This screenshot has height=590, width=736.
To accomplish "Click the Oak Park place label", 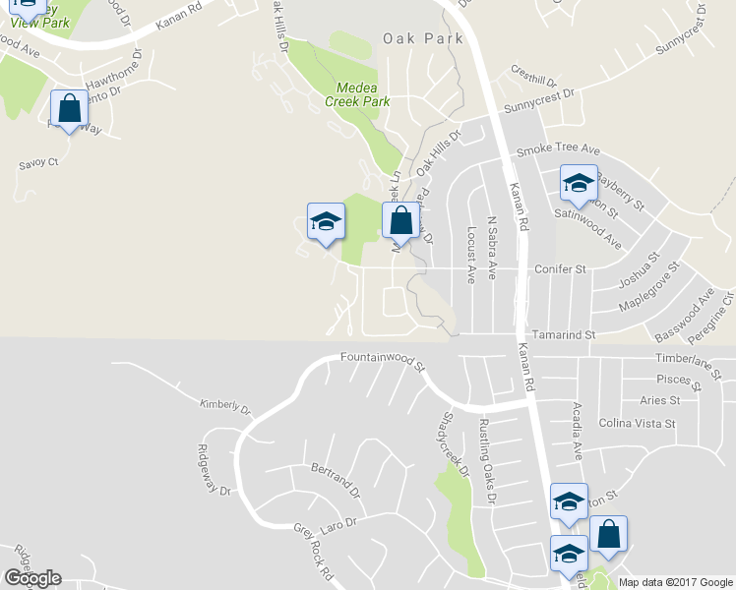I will point(415,39).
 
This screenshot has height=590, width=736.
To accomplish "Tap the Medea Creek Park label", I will point(357,94).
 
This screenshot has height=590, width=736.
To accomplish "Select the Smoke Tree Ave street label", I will point(558,149).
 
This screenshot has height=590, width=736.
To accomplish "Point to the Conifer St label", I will point(560,268).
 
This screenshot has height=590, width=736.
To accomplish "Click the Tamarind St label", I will point(564,335).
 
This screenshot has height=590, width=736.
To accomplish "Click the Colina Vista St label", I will point(638,424).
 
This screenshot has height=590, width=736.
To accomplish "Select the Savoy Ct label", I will point(39,162).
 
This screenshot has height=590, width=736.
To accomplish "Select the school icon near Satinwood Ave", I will point(579,183).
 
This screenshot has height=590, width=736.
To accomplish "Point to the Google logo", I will point(32,578).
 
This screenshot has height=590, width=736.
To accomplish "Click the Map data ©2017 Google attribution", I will point(676,582).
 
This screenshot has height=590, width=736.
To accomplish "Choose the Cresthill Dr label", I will point(534,77).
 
